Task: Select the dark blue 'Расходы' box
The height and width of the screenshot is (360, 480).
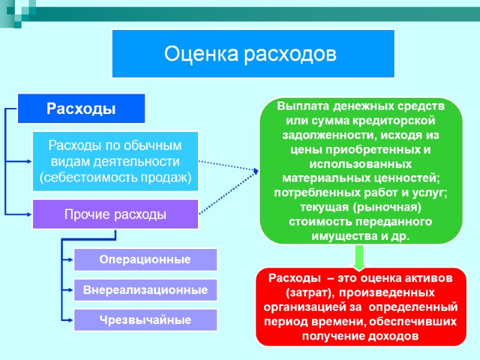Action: click(x=82, y=109)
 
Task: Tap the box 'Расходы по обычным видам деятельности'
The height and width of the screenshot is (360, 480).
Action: click(x=115, y=161)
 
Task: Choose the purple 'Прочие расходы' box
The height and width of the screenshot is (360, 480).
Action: click(x=115, y=214)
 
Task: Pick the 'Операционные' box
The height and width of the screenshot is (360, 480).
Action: click(x=145, y=260)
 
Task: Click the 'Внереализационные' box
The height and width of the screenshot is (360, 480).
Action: click(x=145, y=290)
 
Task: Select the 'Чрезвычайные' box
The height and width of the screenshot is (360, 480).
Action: click(x=145, y=320)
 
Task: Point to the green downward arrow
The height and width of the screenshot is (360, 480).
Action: click(x=359, y=256)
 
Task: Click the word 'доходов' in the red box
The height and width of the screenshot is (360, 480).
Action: click(x=394, y=335)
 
